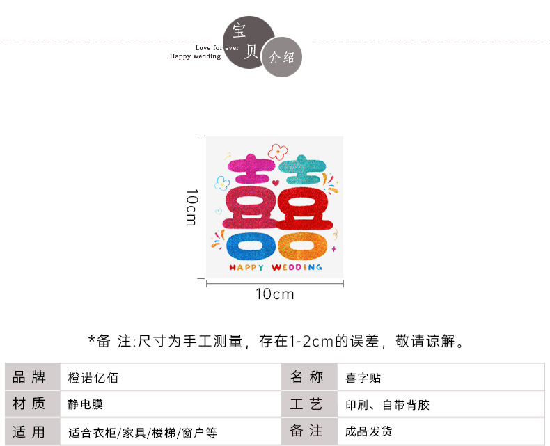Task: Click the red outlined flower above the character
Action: tap(278, 151)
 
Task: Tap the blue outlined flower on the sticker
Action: tap(222, 184)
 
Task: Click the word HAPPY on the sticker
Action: tap(246, 267)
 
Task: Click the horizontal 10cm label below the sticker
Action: tap(275, 294)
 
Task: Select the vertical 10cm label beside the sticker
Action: tap(192, 207)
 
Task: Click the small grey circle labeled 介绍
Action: tap(282, 58)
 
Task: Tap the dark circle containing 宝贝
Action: tap(248, 42)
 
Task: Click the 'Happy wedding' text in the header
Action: tap(195, 56)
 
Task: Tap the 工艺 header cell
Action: tap(307, 404)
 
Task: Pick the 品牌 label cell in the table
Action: tap(29, 378)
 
